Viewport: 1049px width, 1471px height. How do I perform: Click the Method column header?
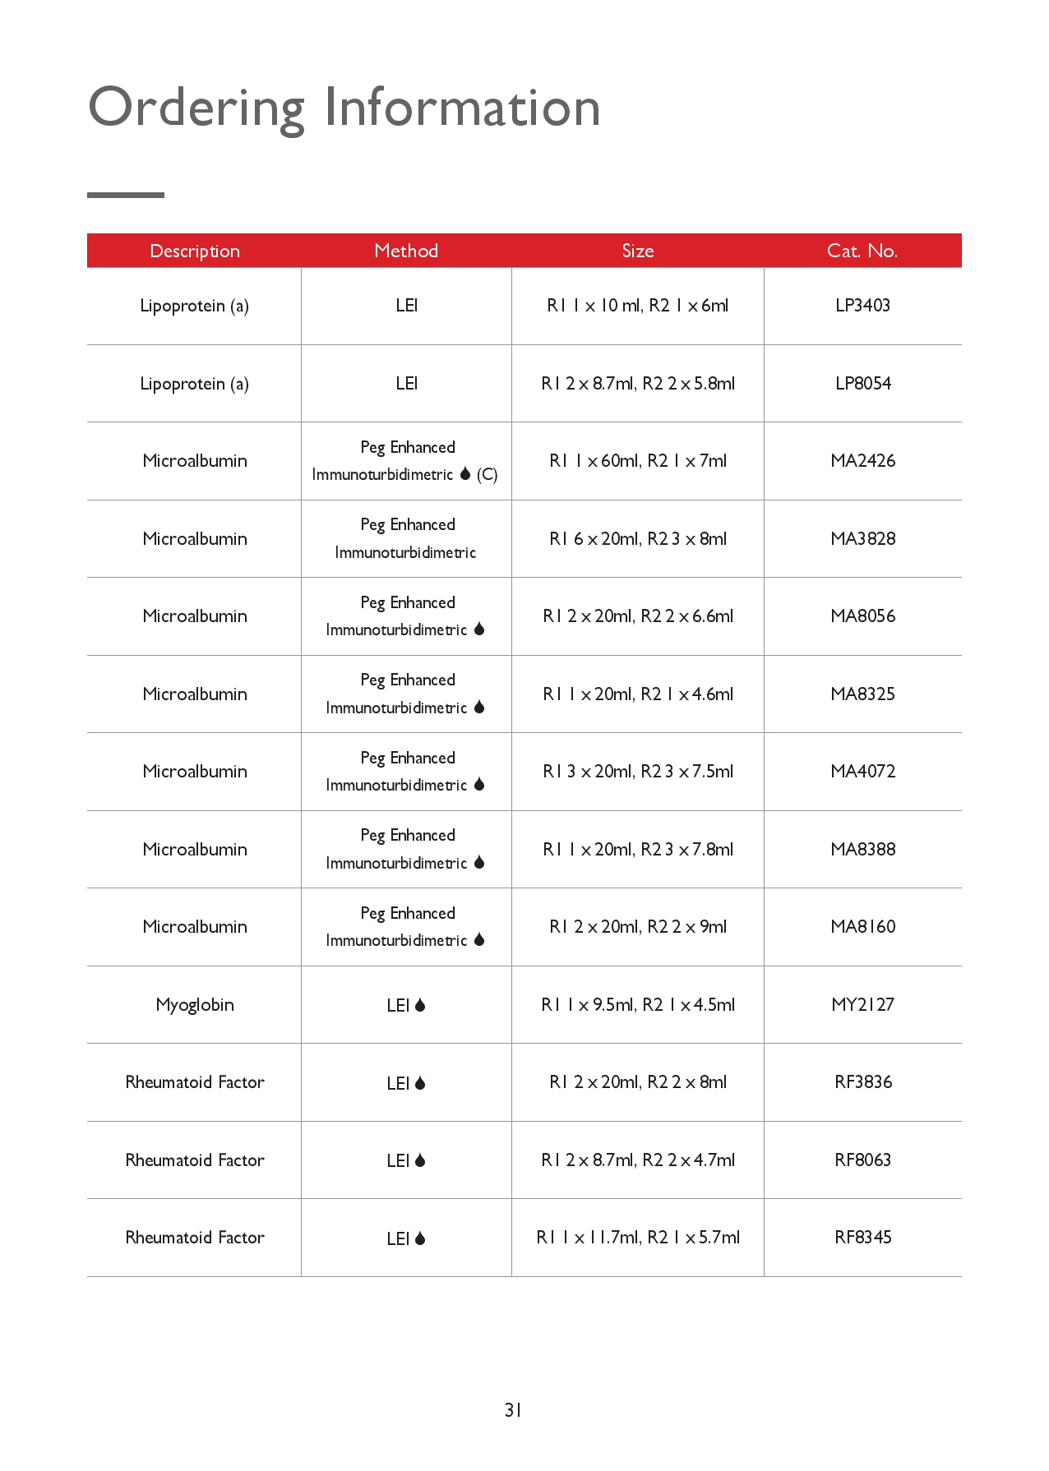tap(406, 251)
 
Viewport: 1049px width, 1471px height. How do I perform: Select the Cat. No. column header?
tap(862, 251)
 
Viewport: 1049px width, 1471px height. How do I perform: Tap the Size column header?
tap(638, 251)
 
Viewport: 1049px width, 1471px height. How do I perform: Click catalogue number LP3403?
tap(862, 306)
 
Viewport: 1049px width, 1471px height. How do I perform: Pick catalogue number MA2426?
tap(862, 461)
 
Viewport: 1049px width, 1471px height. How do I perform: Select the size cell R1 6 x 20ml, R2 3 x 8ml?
tap(638, 539)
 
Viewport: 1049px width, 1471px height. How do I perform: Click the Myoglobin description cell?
tap(195, 1005)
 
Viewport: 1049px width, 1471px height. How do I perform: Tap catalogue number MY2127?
tap(862, 1005)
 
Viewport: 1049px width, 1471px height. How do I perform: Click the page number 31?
tap(513, 1410)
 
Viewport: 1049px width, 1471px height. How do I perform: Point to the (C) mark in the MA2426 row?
tap(488, 475)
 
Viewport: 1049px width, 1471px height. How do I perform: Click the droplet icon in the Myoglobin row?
tap(420, 1005)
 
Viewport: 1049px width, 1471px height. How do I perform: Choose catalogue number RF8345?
tap(862, 1238)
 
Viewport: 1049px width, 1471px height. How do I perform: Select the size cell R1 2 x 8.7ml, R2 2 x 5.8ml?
tap(638, 384)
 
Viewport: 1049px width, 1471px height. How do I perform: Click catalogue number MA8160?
tap(862, 927)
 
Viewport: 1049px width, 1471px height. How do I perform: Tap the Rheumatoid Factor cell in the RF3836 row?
tap(195, 1082)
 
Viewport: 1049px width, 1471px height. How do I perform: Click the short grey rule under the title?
tap(126, 195)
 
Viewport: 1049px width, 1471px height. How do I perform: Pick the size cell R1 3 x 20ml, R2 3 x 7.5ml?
tap(638, 772)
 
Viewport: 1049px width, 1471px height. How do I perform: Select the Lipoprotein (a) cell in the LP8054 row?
tap(195, 384)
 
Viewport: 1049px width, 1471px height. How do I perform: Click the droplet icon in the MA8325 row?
tap(479, 708)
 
